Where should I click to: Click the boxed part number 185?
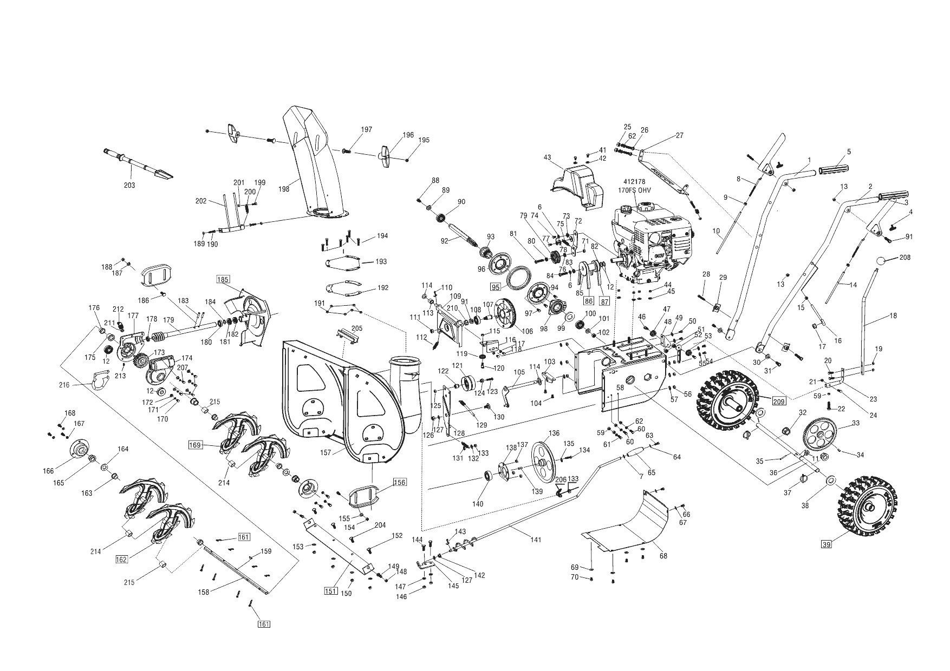(x=223, y=280)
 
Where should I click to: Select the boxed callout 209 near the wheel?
(x=779, y=401)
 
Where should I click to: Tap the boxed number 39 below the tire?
(x=826, y=544)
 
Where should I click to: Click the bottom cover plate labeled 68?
(x=628, y=522)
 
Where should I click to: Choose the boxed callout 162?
(x=121, y=560)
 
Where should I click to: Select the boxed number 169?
(x=195, y=445)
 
